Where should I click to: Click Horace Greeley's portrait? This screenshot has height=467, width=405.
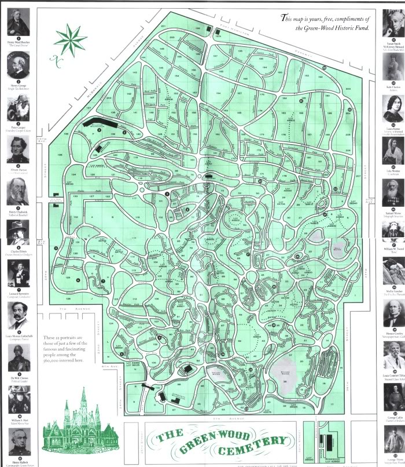click(x=393, y=313)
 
